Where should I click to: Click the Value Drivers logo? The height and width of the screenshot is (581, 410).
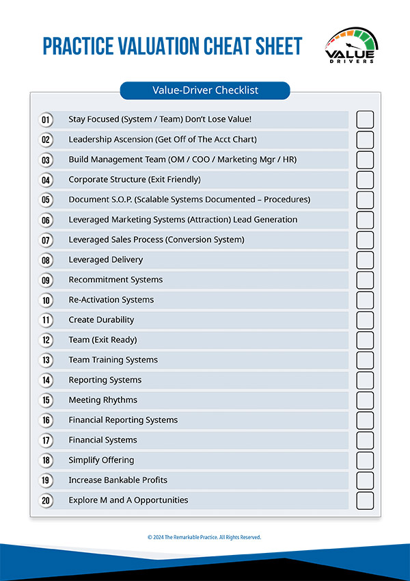[x=351, y=46]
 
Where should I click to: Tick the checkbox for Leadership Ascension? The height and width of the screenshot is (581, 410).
[x=365, y=140]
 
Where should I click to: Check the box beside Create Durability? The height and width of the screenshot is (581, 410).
[x=365, y=320]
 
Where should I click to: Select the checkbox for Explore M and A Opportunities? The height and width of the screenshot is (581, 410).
[x=365, y=500]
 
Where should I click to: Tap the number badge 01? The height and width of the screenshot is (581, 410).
[x=46, y=120]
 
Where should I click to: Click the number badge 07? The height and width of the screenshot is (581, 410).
[x=46, y=240]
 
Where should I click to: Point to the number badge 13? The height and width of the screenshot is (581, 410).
[x=46, y=360]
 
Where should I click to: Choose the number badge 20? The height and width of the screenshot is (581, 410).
[x=46, y=500]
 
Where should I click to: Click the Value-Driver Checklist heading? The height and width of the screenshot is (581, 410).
[x=205, y=90]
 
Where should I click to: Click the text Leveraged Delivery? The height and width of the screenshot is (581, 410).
[x=106, y=259]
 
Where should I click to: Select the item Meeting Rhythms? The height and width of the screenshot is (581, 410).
[x=102, y=400]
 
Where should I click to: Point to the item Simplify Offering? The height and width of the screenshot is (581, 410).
[x=101, y=460]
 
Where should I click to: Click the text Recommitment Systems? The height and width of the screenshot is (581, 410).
[x=115, y=279]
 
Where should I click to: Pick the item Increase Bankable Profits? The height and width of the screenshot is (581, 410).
[x=118, y=480]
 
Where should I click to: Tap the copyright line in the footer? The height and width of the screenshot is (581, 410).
[x=204, y=537]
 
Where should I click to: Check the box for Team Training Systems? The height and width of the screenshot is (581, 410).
[x=365, y=360]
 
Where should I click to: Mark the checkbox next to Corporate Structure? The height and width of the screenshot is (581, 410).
[x=365, y=179]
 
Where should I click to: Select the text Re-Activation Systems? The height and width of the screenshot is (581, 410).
[x=111, y=300]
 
